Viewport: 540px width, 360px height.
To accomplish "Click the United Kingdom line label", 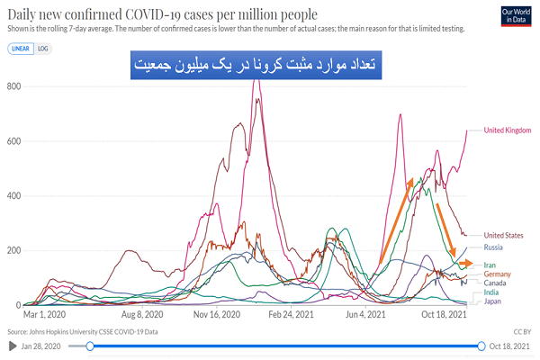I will pyautogui.click(x=508, y=130).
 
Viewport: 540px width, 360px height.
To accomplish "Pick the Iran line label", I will pyautogui.click(x=490, y=265).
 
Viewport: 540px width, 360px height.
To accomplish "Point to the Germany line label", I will pyautogui.click(x=498, y=274).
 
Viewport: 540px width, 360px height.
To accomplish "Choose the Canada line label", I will pyautogui.click(x=496, y=283).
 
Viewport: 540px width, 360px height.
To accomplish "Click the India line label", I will pyautogui.click(x=491, y=292).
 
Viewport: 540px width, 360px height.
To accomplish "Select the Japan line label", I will pyautogui.click(x=492, y=301).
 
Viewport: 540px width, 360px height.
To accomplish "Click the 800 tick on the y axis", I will pyautogui.click(x=12, y=86).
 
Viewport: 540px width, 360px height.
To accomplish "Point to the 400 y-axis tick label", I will pyautogui.click(x=12, y=195).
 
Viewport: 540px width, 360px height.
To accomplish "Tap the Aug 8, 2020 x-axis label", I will pyautogui.click(x=142, y=315).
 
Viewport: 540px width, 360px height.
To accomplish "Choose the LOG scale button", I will pyautogui.click(x=42, y=48).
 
